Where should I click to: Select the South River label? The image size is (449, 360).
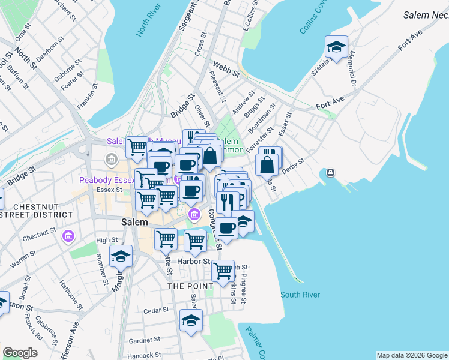point(300,295)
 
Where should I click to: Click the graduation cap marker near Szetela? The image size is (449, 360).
point(337,47)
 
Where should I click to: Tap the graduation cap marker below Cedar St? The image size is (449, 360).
point(191,320)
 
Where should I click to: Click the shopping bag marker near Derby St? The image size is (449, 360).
point(267,163)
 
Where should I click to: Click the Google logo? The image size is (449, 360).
point(20,353)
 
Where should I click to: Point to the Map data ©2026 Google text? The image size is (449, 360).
point(411,355)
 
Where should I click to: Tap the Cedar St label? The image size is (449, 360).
point(158,311)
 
